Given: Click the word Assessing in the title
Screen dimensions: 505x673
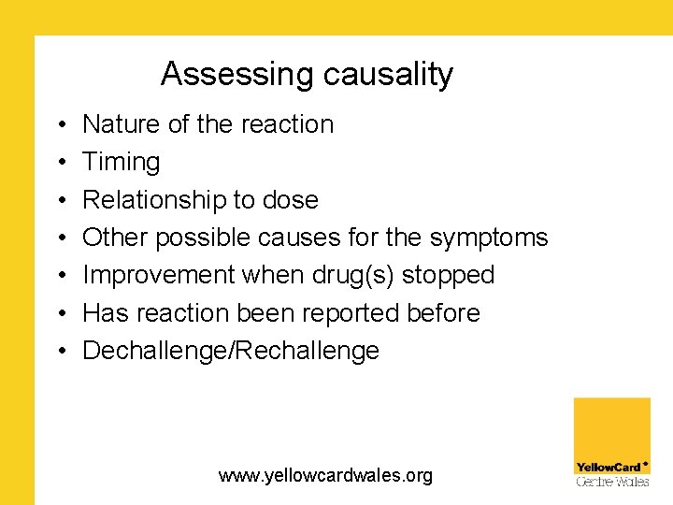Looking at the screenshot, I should click(x=224, y=74).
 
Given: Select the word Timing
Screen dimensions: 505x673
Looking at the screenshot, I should click(x=122, y=163).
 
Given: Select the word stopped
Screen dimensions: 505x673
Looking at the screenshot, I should click(x=448, y=276).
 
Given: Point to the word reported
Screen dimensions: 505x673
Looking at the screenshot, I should click(x=352, y=313).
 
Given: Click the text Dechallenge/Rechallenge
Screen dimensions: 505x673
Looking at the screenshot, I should click(x=231, y=351).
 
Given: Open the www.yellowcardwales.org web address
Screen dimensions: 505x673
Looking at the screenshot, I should click(x=325, y=476).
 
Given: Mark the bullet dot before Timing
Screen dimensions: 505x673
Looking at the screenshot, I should click(x=59, y=163).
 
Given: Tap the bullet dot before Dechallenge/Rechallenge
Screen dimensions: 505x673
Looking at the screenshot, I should click(x=59, y=352).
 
